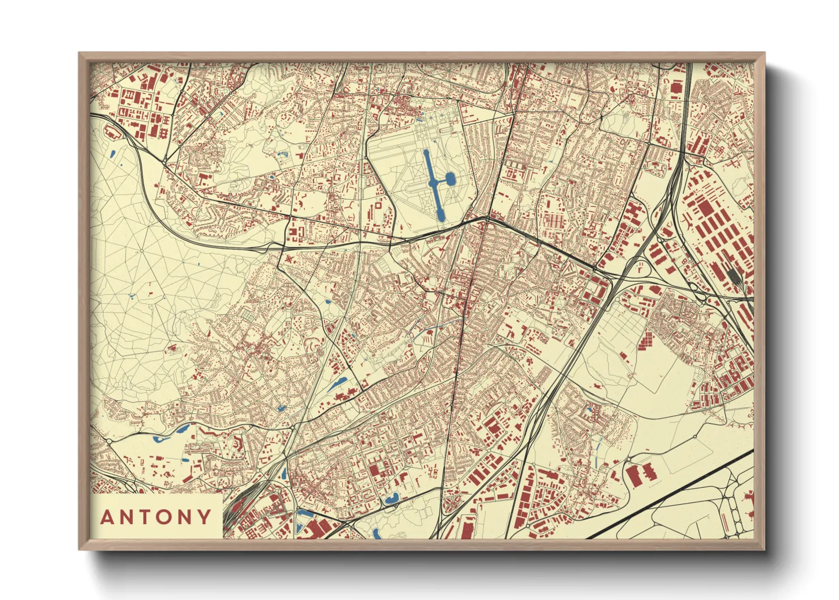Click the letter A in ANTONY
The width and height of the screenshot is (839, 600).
(107, 517)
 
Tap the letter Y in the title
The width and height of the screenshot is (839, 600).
(204, 517)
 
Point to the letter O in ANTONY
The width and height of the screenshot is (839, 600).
(165, 517)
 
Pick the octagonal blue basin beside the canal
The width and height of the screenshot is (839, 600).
(451, 180)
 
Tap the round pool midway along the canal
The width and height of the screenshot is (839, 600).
(433, 183)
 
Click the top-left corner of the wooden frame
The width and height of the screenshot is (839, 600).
(80, 54)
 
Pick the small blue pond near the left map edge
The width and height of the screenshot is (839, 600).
(112, 153)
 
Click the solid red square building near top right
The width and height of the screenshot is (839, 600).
(676, 87)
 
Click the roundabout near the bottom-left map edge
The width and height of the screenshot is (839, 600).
(108, 441)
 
